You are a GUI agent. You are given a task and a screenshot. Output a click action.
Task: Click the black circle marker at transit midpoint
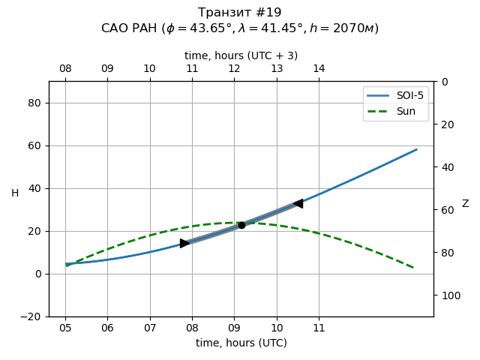241,225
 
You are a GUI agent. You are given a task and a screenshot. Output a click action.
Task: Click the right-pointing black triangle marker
184,243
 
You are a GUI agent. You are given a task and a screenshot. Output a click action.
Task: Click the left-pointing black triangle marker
298,203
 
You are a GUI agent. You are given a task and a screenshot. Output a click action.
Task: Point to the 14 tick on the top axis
319,69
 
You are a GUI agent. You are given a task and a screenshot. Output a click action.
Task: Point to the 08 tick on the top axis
65,69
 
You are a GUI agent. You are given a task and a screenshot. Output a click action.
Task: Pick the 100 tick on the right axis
448,295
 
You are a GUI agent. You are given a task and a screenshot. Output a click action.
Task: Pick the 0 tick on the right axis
442,82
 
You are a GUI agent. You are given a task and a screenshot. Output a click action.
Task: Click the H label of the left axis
15,193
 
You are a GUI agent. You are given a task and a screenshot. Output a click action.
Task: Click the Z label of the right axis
465,204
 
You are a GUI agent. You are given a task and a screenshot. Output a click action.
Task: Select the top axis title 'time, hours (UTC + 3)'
241,55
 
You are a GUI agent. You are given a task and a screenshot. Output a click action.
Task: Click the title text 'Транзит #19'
240,13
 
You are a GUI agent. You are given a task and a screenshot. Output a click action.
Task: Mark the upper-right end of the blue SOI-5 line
416,149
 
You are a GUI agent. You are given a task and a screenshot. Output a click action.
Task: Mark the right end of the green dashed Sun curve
413,268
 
